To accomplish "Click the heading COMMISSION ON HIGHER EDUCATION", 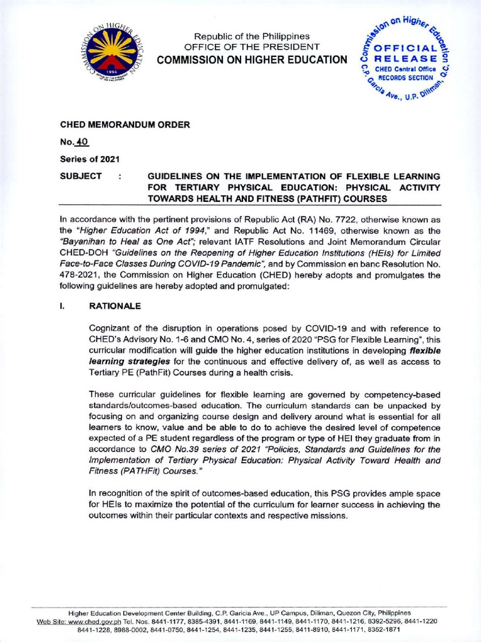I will (x=251, y=60).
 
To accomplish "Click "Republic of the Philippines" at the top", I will (x=251, y=36).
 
